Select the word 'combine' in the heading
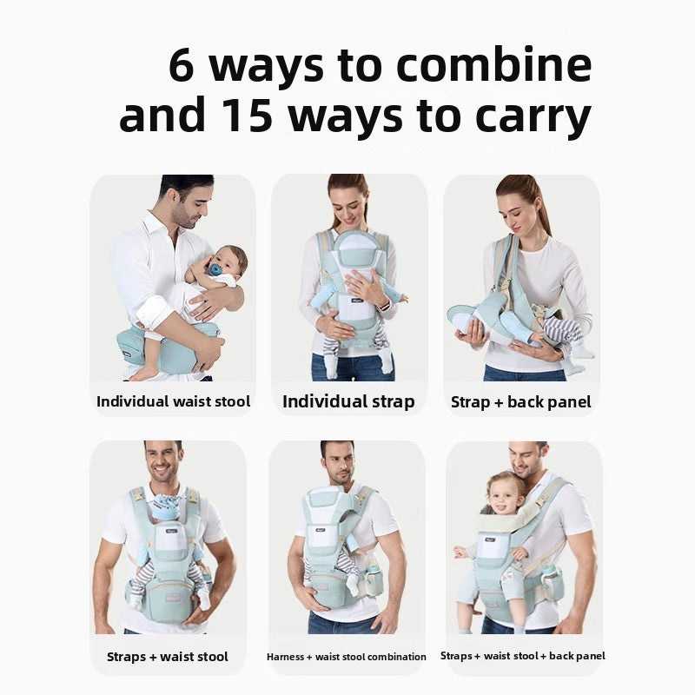pos(502,66)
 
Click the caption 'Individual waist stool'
pos(173,401)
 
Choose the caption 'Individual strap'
pos(348,401)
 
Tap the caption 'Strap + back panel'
pos(521,402)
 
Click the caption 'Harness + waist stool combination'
pos(347,657)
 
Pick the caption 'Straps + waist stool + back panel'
pos(523,656)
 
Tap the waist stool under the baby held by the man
pos(174,347)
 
